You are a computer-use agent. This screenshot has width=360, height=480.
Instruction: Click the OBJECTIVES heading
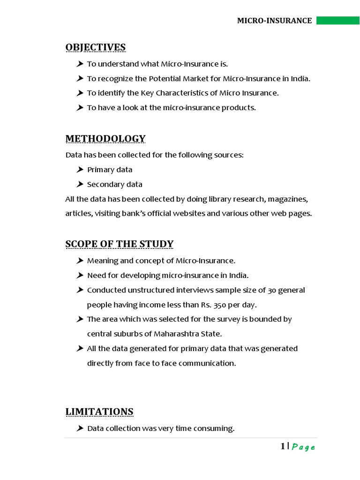pos(96,47)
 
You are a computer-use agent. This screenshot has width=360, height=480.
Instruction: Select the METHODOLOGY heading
pos(105,139)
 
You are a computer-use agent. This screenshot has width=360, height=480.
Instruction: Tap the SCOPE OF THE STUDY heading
pos(120,244)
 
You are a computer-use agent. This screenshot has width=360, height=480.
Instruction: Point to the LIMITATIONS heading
pos(99,412)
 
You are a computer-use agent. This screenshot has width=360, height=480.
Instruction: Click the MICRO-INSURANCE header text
pos(274,21)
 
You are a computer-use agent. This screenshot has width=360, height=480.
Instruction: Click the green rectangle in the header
pos(337,21)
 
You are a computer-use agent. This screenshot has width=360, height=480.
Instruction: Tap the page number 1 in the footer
pos(283,446)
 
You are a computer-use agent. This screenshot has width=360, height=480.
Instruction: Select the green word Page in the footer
pos(303,447)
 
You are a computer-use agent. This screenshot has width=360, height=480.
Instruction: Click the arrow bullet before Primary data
pos(80,169)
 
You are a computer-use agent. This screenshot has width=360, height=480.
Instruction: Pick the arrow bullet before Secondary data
pos(80,184)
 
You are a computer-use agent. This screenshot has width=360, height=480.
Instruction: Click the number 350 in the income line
pos(220,305)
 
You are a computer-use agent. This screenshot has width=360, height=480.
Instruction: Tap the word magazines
pos(287,199)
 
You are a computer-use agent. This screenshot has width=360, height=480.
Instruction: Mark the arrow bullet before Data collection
pos(80,428)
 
